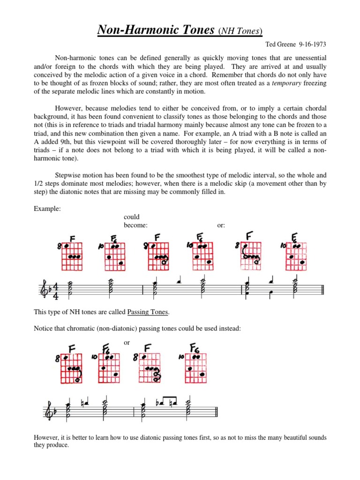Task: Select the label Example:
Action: point(47,209)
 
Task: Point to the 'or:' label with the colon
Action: point(221,225)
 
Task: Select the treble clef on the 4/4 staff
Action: point(45,292)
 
